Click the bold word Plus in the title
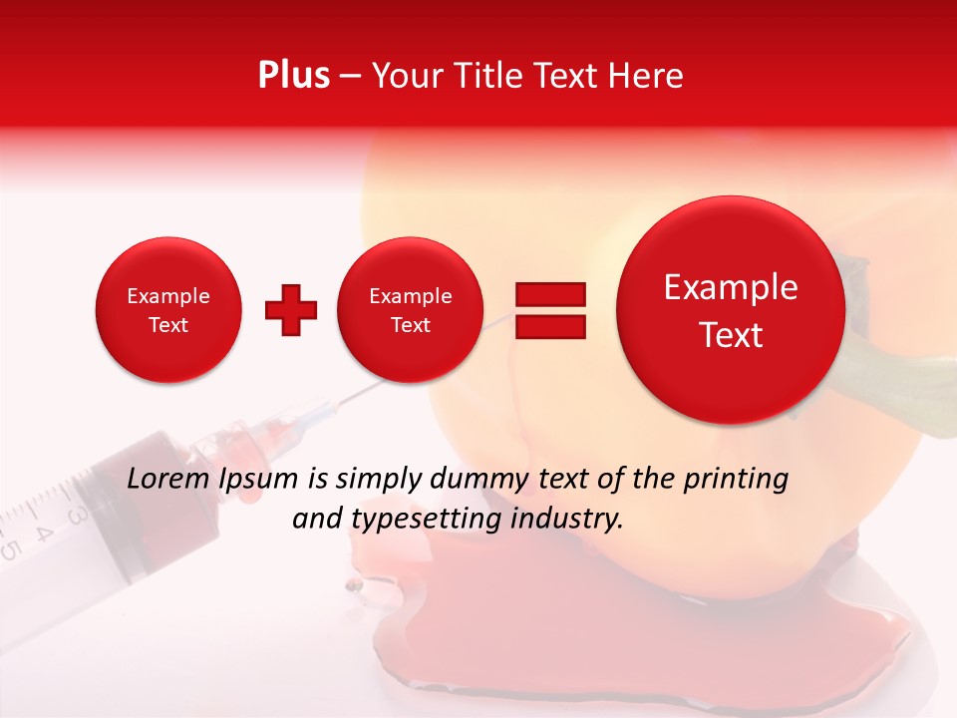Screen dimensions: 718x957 tap(293, 76)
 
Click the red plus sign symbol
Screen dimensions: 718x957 tap(290, 310)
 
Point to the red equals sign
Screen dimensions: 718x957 tap(549, 310)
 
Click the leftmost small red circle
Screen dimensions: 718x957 tap(167, 310)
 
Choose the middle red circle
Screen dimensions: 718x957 tap(410, 310)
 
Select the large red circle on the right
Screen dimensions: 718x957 tap(731, 310)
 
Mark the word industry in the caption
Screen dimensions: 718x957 tap(569, 519)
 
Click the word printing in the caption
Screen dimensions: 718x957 tap(735, 479)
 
